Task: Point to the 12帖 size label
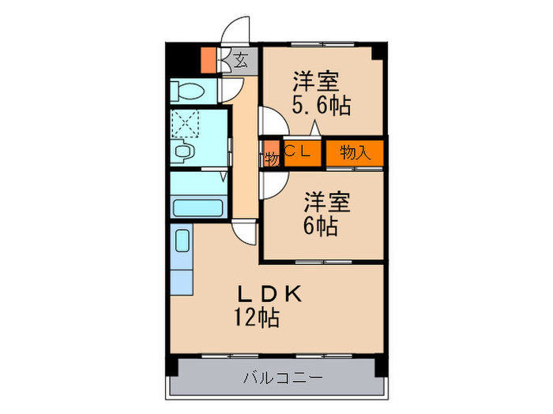(x=254, y=319)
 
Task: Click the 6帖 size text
(x=321, y=226)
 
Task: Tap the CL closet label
(x=301, y=152)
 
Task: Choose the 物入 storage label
(x=355, y=152)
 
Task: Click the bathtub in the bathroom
(x=198, y=209)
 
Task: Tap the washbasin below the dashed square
(x=185, y=151)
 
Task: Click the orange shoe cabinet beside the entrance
(x=209, y=60)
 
